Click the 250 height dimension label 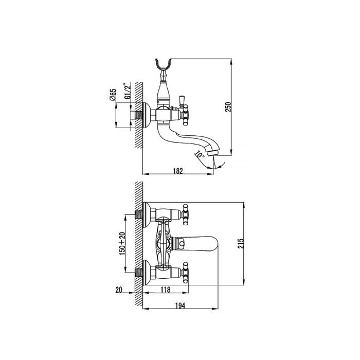pos(228,107)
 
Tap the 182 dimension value pos(178,171)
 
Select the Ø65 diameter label pos(113,95)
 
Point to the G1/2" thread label pos(127,91)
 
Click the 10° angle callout pos(200,154)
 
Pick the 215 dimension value pos(240,244)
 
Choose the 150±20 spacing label pos(122,244)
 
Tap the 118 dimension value pos(166,290)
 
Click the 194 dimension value pos(180,306)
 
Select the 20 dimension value pos(119,290)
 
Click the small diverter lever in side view pos(182,101)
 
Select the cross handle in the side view pos(185,115)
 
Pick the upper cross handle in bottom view pos(185,214)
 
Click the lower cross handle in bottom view pos(185,273)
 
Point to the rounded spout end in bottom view pos(211,244)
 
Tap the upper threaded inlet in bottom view pos(139,214)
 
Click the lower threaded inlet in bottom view pos(139,273)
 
